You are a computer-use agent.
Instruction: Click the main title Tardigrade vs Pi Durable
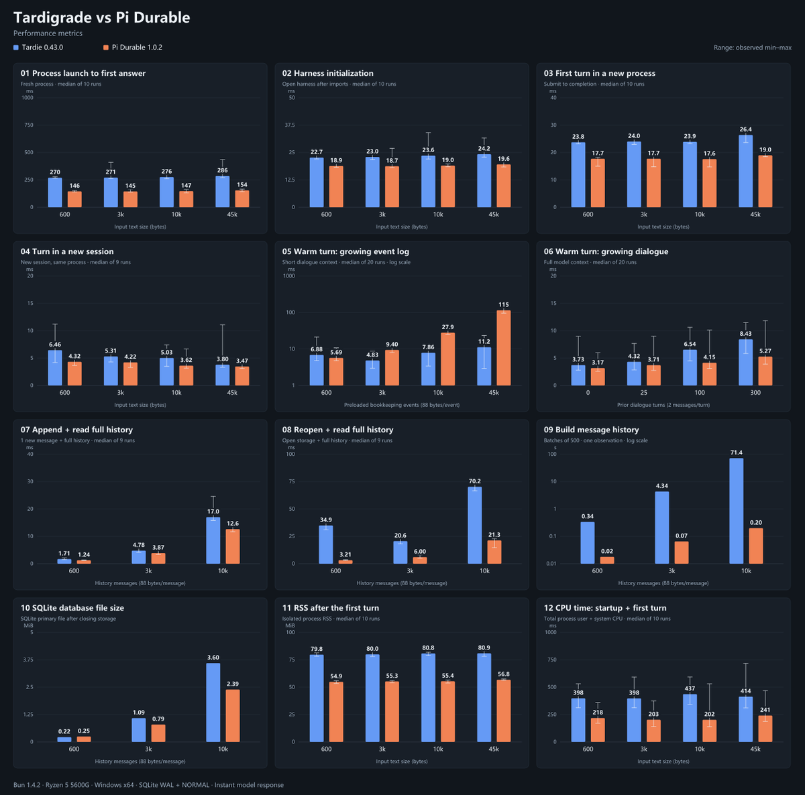click(101, 17)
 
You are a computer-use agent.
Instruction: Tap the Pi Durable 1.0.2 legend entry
click(133, 48)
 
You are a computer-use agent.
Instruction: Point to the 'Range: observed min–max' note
click(753, 48)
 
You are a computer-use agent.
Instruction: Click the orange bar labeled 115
click(503, 348)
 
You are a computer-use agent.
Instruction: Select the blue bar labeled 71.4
click(736, 511)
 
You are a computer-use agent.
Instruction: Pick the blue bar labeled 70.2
click(474, 526)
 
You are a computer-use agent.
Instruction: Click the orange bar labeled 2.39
click(233, 716)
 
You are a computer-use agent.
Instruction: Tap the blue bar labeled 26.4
click(746, 171)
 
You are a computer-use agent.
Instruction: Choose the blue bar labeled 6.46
click(55, 368)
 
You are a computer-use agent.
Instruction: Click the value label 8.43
click(746, 334)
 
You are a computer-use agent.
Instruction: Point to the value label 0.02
click(607, 551)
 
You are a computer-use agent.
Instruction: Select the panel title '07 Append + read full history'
click(76, 430)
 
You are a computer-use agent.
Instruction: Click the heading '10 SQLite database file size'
click(72, 608)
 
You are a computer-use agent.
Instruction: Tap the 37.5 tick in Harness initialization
click(290, 125)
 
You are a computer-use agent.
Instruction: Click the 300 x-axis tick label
click(755, 393)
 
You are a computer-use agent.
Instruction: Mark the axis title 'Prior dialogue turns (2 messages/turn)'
click(663, 405)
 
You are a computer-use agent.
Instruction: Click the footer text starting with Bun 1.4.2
click(148, 785)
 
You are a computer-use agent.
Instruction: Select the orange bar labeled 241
click(765, 729)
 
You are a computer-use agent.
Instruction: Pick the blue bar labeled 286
click(222, 192)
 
